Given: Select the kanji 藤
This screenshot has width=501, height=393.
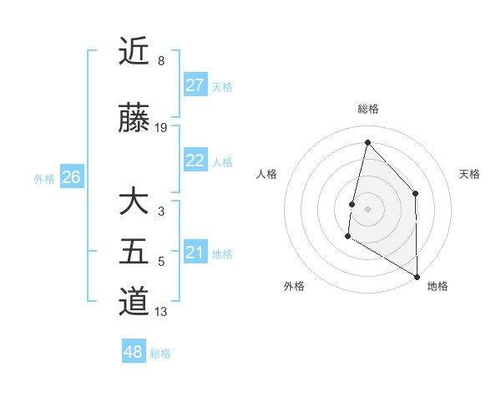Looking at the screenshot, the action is click(x=134, y=120).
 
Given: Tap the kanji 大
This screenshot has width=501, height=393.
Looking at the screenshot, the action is click(x=134, y=204).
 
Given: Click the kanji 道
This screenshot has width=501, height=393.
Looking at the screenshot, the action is click(x=134, y=301).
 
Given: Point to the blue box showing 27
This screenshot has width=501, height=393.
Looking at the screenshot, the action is click(x=195, y=85).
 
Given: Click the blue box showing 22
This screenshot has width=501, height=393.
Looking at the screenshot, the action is click(x=195, y=161).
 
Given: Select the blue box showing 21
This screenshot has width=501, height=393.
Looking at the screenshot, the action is click(x=195, y=253).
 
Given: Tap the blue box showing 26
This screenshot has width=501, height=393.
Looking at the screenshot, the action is click(x=71, y=177).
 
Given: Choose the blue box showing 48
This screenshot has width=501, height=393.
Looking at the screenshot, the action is click(x=134, y=352).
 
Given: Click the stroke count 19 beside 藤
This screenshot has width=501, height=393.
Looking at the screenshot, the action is click(x=161, y=128).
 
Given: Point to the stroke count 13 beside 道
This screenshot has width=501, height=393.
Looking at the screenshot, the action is click(x=161, y=312).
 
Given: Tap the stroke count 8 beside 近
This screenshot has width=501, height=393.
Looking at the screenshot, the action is click(x=161, y=60).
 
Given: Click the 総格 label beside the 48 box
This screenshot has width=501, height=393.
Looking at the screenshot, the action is click(x=160, y=354).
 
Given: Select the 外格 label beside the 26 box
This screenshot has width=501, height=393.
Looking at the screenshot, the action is click(x=43, y=178).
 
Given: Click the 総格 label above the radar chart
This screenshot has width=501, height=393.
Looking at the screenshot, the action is click(x=367, y=109).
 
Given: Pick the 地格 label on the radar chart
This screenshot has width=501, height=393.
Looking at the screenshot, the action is click(x=438, y=286).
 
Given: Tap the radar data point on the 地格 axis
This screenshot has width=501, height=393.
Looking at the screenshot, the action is click(x=417, y=276).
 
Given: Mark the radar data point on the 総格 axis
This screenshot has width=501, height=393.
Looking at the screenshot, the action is click(x=367, y=142).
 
